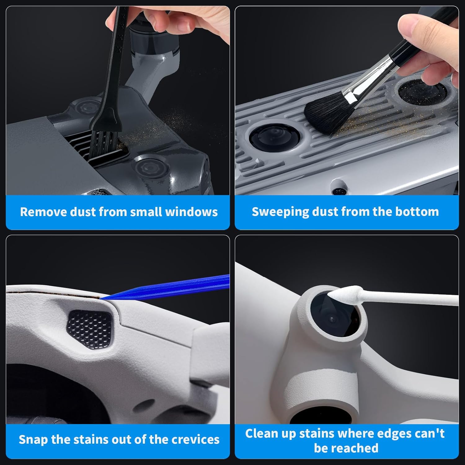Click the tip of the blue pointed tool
point(102,298)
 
